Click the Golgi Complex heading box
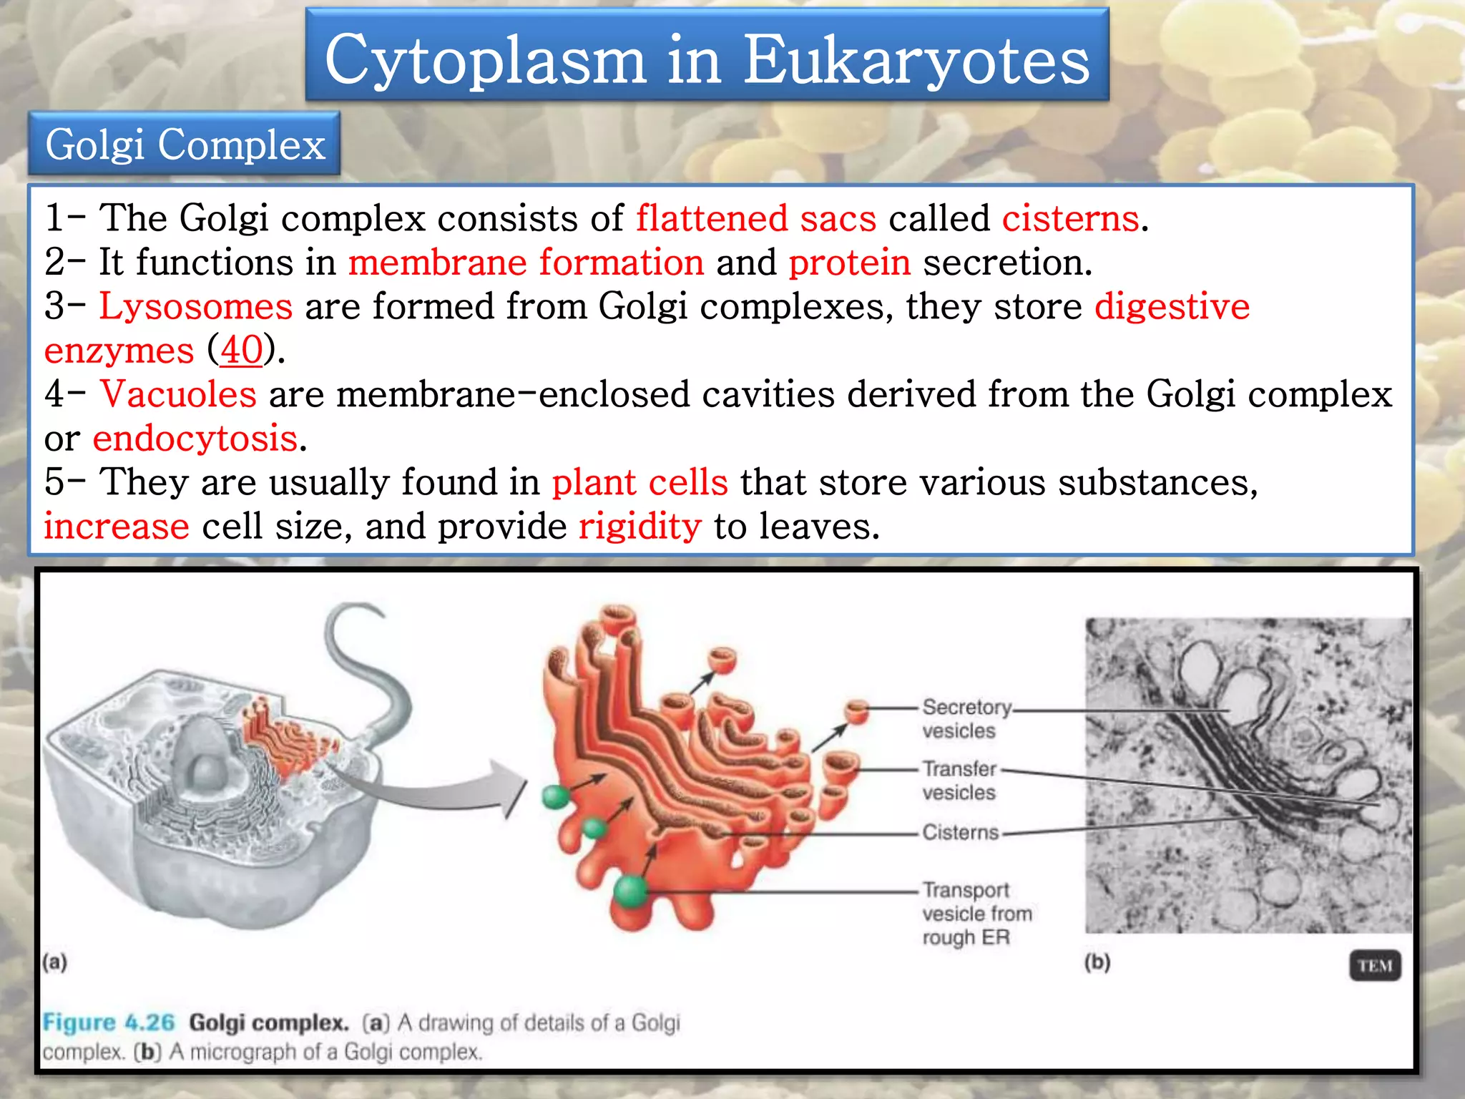(x=185, y=144)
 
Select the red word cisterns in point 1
(x=1070, y=218)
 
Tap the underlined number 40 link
(x=242, y=351)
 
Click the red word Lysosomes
(x=195, y=306)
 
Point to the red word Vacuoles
(x=178, y=394)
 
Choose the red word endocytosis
(x=195, y=439)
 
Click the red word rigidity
(x=640, y=527)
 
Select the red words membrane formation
(x=526, y=263)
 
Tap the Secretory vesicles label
(x=966, y=718)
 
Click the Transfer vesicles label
(x=959, y=781)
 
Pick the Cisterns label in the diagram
(x=960, y=832)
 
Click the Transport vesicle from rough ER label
(x=976, y=914)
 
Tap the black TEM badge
(x=1374, y=966)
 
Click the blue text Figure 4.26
(x=108, y=1022)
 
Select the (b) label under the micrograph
(x=1097, y=962)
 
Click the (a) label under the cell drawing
(x=54, y=962)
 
